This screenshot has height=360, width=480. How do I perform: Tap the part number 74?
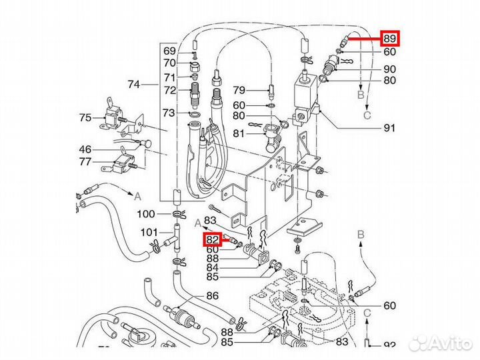[135, 85]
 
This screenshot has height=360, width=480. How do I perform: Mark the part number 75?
[85, 118]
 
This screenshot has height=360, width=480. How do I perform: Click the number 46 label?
[85, 149]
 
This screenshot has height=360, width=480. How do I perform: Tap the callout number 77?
[85, 161]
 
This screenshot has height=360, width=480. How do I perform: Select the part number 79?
[239, 90]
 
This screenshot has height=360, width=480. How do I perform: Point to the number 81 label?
[239, 133]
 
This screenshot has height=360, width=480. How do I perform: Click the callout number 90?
[389, 69]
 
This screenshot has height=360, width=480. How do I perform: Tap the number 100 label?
[146, 214]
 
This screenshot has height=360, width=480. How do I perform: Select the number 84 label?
[212, 268]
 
